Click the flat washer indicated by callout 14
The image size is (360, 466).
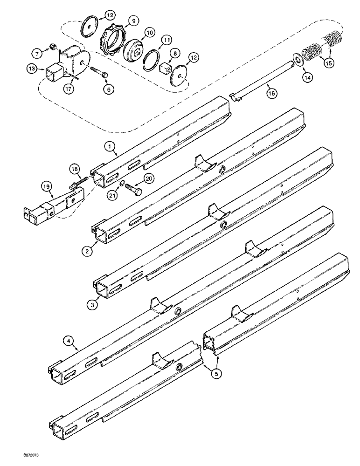point(294,60)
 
